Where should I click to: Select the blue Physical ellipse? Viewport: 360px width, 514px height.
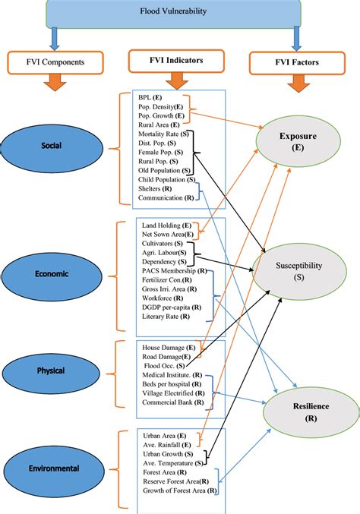pos(50,371)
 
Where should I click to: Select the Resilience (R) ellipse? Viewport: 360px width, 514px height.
pos(308,412)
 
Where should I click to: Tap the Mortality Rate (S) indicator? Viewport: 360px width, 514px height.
pos(164,133)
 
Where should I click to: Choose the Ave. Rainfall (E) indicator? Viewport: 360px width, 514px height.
pos(169,444)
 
